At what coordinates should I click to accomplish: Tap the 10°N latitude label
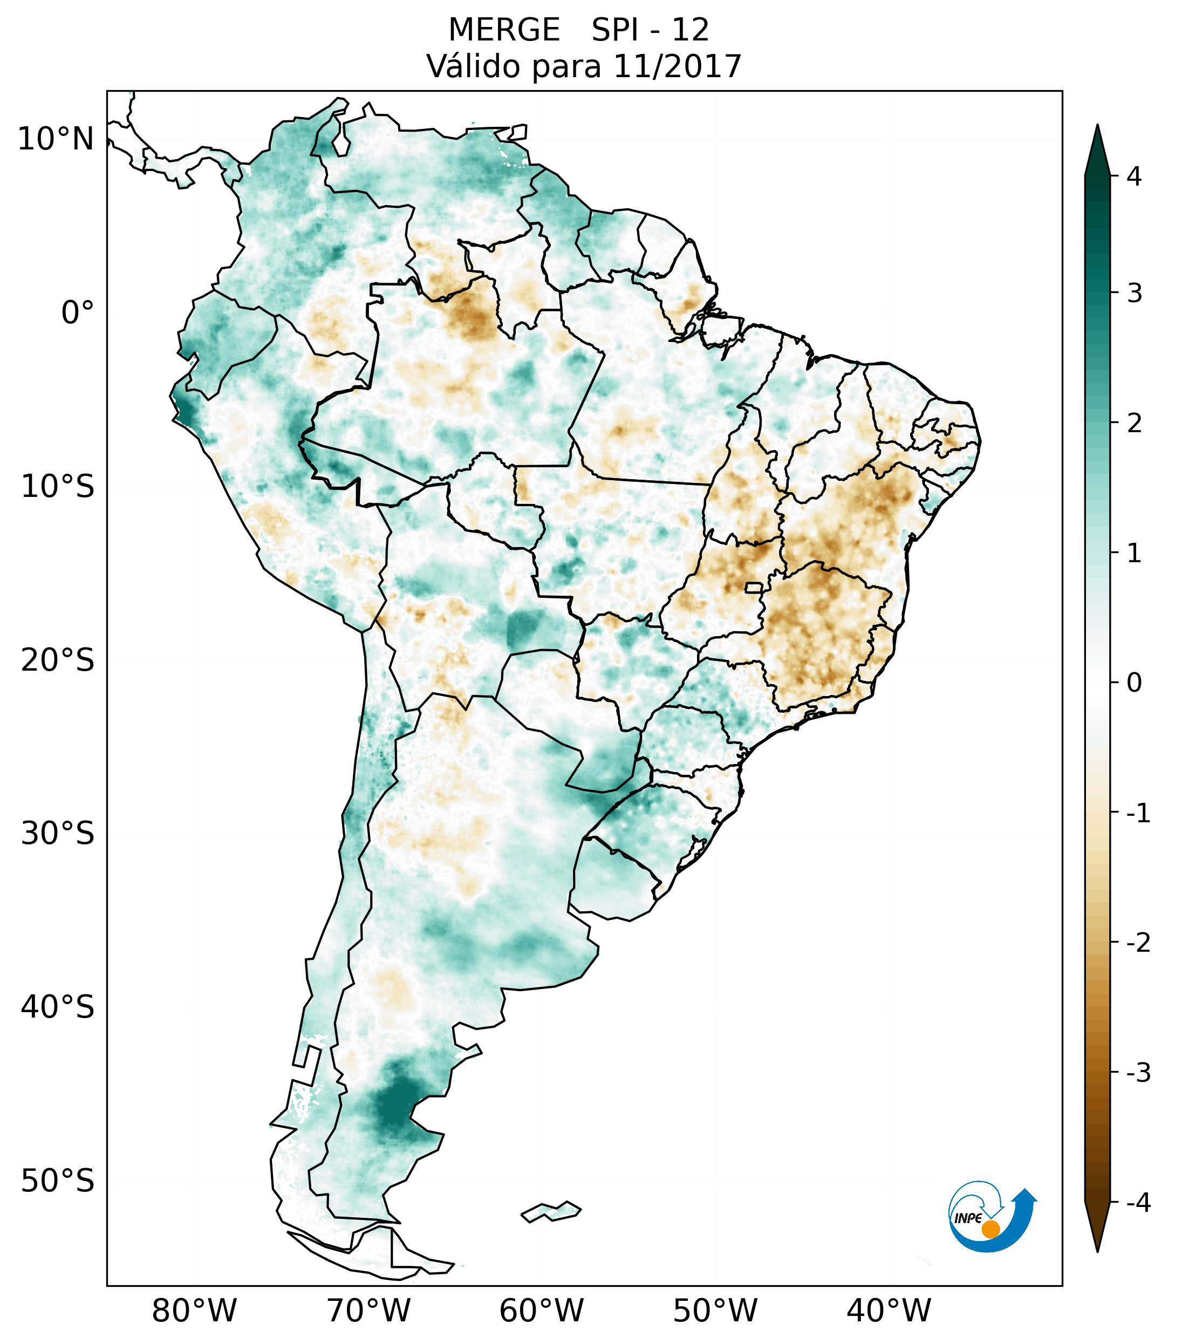pos(56,139)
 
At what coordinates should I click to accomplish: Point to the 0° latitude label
pos(78,313)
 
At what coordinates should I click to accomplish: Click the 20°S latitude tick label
pos(58,660)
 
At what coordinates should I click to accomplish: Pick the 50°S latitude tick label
pos(58,1181)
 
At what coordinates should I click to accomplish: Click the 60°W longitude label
pos(541,1311)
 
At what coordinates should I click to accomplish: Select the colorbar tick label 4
pos(1134,176)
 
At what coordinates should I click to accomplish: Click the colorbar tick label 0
pos(1134,683)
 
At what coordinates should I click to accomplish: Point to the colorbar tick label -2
pos(1138,943)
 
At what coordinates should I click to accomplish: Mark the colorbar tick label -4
pos(1138,1203)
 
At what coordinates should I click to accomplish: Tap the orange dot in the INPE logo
pos(990,1229)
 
